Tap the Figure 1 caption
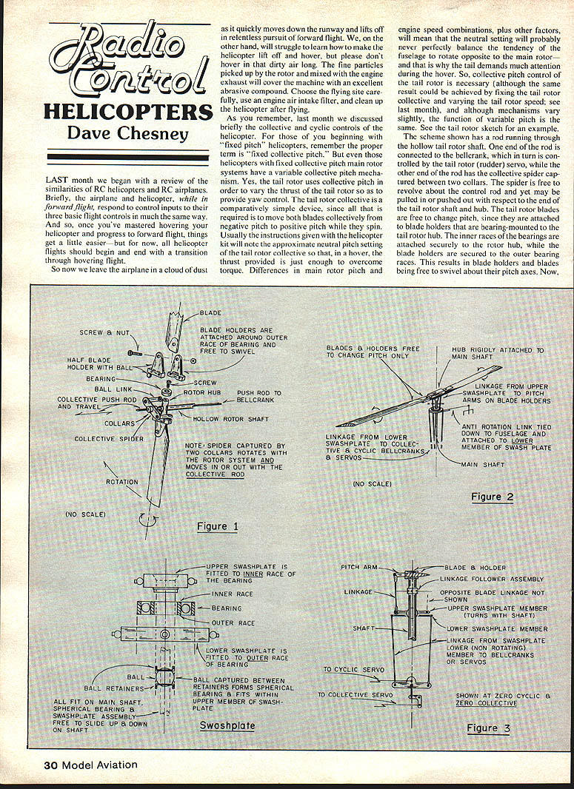[x=217, y=526]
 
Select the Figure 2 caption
[x=492, y=497]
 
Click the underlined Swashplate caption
[x=227, y=725]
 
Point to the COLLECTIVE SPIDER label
[x=104, y=439]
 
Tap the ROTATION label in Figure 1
[x=121, y=482]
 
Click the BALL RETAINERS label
[x=109, y=688]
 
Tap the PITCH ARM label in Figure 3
[x=359, y=567]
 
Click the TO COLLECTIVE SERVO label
[x=355, y=694]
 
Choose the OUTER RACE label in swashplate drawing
[x=233, y=623]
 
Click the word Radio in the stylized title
[x=123, y=44]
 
